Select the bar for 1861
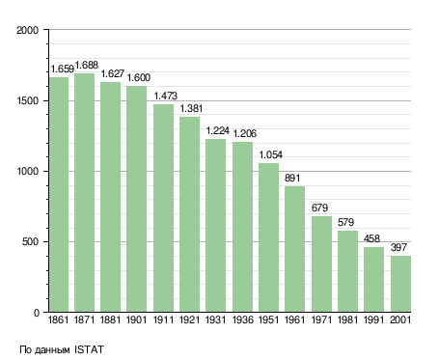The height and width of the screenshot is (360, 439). click(59, 195)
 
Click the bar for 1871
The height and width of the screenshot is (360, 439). click(85, 193)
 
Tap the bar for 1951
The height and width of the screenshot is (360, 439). click(268, 237)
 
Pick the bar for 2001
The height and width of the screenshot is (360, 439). click(400, 284)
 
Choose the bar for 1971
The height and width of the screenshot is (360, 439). click(321, 264)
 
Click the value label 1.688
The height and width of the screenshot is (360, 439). click(87, 65)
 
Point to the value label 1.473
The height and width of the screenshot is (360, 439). click(165, 96)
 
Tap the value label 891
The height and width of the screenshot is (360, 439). click(292, 178)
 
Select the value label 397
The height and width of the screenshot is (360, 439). click(398, 247)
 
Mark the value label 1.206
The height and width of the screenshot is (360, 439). click(244, 133)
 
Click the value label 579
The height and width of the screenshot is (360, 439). click(345, 222)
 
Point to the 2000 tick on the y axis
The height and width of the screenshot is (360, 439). click(27, 30)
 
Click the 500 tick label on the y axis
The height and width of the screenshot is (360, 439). click(30, 242)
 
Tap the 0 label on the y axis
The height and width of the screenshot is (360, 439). click(37, 313)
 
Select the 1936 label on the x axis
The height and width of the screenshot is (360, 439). click(242, 319)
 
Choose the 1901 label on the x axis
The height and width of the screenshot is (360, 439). click(136, 319)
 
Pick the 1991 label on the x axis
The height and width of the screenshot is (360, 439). click(373, 319)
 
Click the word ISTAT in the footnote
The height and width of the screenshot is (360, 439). click(89, 349)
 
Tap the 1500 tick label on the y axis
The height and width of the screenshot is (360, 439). click(28, 100)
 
